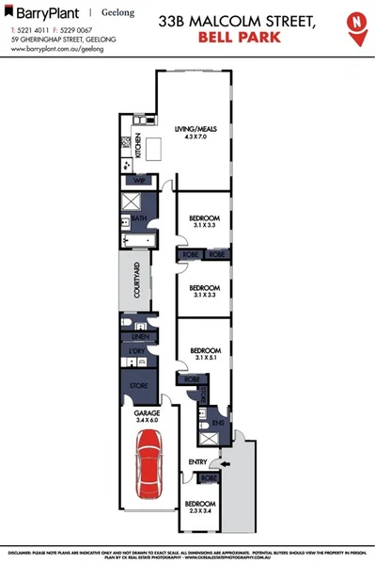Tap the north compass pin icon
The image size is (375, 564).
[x=356, y=26]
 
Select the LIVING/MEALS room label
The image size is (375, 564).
[x=195, y=130]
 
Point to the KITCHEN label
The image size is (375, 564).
[x=137, y=142]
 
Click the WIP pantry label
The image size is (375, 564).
[x=139, y=180]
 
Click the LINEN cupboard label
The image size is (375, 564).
[x=141, y=336]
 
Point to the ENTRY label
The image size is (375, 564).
[x=197, y=461]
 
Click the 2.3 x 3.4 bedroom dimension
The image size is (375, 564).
[x=199, y=512]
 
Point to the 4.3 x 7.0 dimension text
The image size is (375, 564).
[x=195, y=138]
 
